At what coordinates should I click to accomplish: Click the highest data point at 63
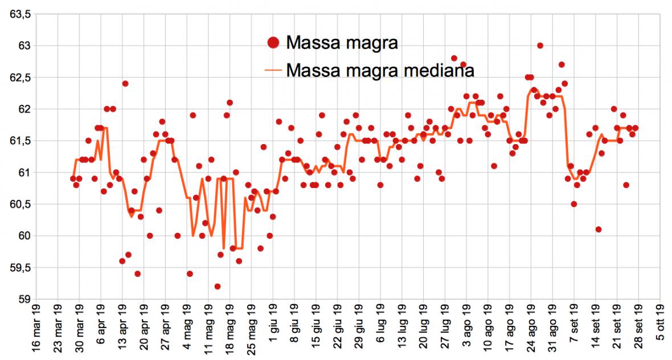(x=540, y=46)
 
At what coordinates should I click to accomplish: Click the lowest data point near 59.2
(x=217, y=287)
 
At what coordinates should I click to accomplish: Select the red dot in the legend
(x=274, y=42)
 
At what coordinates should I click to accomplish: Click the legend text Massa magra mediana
(x=381, y=70)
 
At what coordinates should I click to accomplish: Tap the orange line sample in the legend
(x=274, y=71)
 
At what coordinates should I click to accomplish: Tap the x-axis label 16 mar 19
(x=36, y=330)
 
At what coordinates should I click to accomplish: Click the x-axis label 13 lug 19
(x=402, y=329)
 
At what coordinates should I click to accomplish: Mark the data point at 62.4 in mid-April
(x=125, y=84)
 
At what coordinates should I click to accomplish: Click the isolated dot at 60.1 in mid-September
(x=599, y=230)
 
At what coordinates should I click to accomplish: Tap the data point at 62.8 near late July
(x=454, y=58)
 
